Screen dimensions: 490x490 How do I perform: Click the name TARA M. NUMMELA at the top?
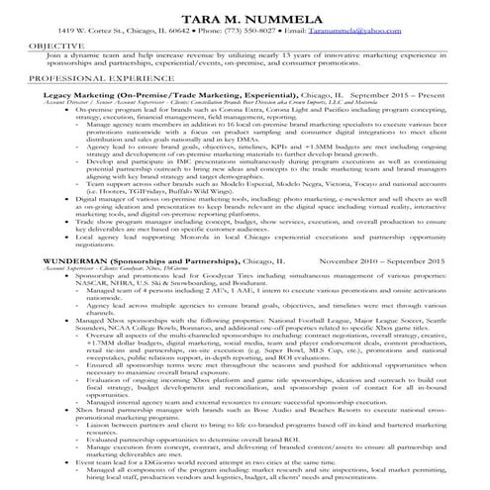pyautogui.click(x=244, y=14)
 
